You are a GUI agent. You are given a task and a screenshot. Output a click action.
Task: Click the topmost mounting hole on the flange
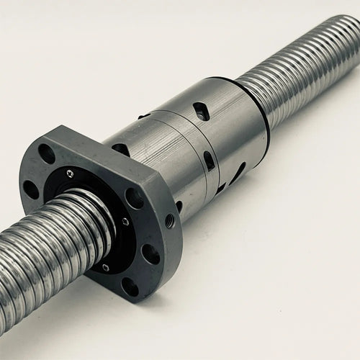46,153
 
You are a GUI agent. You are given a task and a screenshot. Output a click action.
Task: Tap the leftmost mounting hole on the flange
30,189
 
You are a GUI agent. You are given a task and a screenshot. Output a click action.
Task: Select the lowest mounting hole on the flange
130,287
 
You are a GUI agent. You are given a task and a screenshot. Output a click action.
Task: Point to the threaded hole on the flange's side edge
170,220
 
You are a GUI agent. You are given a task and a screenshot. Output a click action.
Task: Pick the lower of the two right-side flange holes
151,253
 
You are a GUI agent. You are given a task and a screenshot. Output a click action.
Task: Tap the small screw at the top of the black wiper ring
70,174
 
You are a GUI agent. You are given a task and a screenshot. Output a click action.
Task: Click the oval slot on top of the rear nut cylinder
201,110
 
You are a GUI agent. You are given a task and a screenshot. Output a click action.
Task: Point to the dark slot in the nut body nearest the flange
121,149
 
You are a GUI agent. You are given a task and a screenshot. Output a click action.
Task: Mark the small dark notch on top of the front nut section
145,115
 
